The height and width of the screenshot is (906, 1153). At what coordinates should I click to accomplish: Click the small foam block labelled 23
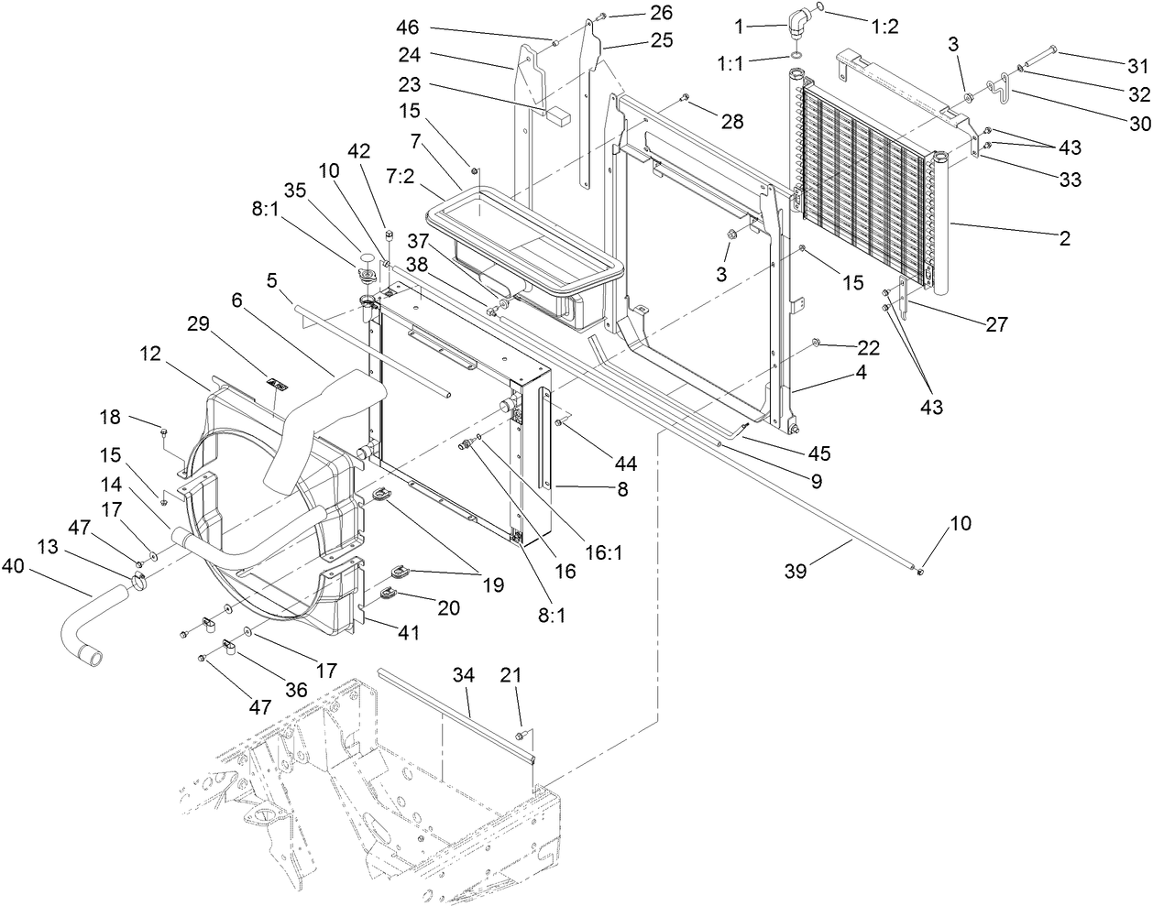(558, 115)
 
